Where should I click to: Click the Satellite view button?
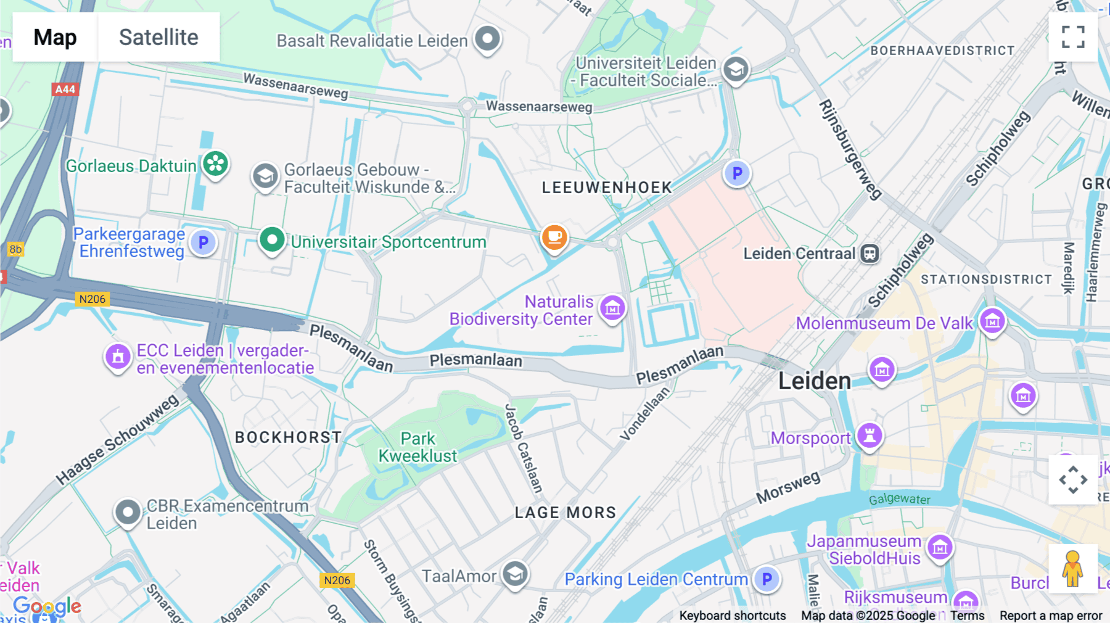(x=158, y=37)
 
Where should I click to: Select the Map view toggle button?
(x=55, y=37)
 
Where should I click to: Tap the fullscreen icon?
(x=1073, y=37)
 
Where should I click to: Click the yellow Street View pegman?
(x=1072, y=568)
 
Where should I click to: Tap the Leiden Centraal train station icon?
(x=869, y=254)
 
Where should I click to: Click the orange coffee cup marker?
(x=554, y=237)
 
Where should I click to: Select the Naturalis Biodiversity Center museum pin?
(x=612, y=308)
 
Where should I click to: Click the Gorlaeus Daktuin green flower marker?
(x=215, y=164)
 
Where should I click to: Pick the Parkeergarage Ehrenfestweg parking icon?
(x=203, y=242)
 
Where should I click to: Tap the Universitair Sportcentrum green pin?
(x=272, y=239)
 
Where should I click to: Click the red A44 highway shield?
(x=65, y=89)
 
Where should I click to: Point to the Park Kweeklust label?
(x=418, y=447)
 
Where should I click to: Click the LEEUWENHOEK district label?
(x=607, y=188)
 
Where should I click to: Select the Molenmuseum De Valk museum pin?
(x=992, y=321)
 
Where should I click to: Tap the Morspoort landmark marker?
(x=869, y=435)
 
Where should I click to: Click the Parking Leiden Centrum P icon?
(x=767, y=579)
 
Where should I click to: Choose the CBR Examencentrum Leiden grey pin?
(x=128, y=512)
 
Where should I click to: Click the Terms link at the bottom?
(x=967, y=616)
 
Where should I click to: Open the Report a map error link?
(x=1051, y=616)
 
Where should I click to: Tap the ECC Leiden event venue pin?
(x=118, y=357)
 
